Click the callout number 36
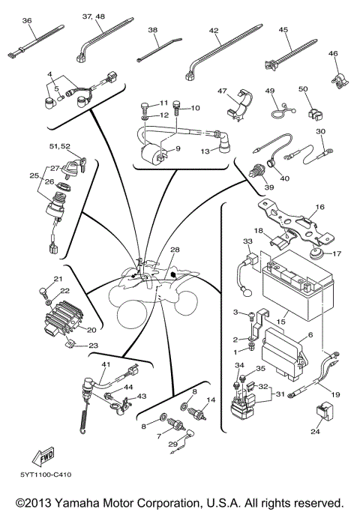28,22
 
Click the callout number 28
175,250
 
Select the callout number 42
214,31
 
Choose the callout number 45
284,31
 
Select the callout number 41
106,364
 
